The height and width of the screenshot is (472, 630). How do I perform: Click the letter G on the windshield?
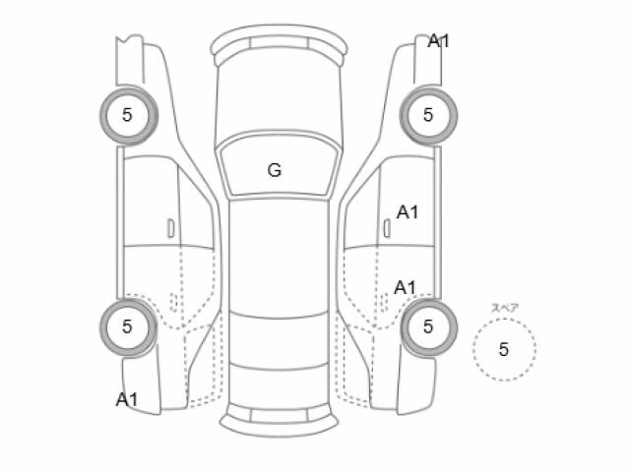[275, 170]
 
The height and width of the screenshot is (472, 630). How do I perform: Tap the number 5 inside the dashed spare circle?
[503, 349]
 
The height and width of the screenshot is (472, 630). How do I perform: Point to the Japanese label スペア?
[505, 308]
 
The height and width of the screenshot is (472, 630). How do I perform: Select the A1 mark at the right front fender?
[438, 40]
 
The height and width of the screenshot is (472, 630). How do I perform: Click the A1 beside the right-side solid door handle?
[408, 212]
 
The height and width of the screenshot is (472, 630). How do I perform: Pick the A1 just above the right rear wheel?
[405, 287]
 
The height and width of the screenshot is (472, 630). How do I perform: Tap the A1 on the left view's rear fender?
[127, 399]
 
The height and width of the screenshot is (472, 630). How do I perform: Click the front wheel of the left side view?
[129, 115]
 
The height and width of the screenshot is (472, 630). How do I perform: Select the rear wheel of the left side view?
[129, 327]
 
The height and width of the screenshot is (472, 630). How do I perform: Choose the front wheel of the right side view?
[428, 115]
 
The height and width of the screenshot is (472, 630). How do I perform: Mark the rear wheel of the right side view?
[429, 327]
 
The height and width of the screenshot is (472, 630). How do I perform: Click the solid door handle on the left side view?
[170, 228]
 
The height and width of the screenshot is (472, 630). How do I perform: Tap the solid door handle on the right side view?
[387, 228]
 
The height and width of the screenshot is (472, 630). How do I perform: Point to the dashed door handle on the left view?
[174, 302]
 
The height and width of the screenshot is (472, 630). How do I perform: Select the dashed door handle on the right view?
[384, 303]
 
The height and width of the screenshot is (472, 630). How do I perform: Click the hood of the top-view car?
[279, 100]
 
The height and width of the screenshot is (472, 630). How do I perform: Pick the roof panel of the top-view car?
[279, 257]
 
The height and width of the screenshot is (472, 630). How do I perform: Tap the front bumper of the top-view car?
[279, 40]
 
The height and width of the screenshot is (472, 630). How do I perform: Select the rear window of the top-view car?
[279, 341]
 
